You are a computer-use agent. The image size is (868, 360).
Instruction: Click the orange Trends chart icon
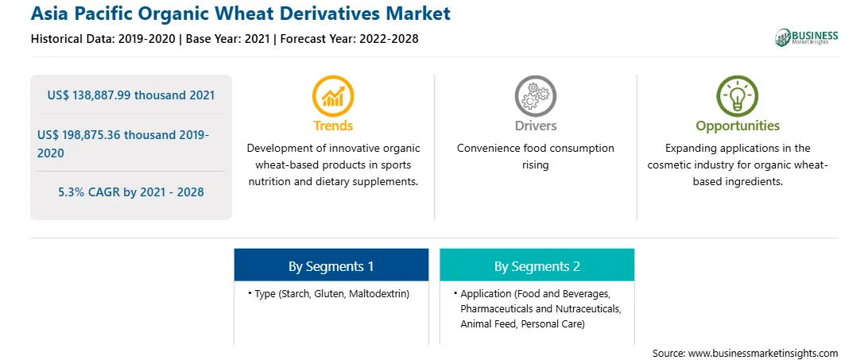click(x=333, y=96)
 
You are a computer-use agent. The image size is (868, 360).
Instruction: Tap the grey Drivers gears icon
click(x=535, y=96)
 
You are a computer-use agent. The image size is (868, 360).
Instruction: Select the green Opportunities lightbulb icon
click(x=738, y=96)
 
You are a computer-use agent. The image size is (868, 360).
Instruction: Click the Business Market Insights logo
click(x=806, y=37)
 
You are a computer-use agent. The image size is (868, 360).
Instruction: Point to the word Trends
click(x=333, y=126)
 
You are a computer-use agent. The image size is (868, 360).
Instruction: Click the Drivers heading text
click(x=535, y=126)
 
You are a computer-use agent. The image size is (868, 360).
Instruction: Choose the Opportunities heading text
click(x=738, y=126)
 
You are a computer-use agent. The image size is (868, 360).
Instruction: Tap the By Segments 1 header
click(x=331, y=266)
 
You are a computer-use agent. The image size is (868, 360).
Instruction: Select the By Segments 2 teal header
click(x=537, y=266)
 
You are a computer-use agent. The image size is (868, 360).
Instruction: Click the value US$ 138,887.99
click(x=89, y=95)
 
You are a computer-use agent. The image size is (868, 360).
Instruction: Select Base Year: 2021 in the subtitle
click(x=227, y=39)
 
